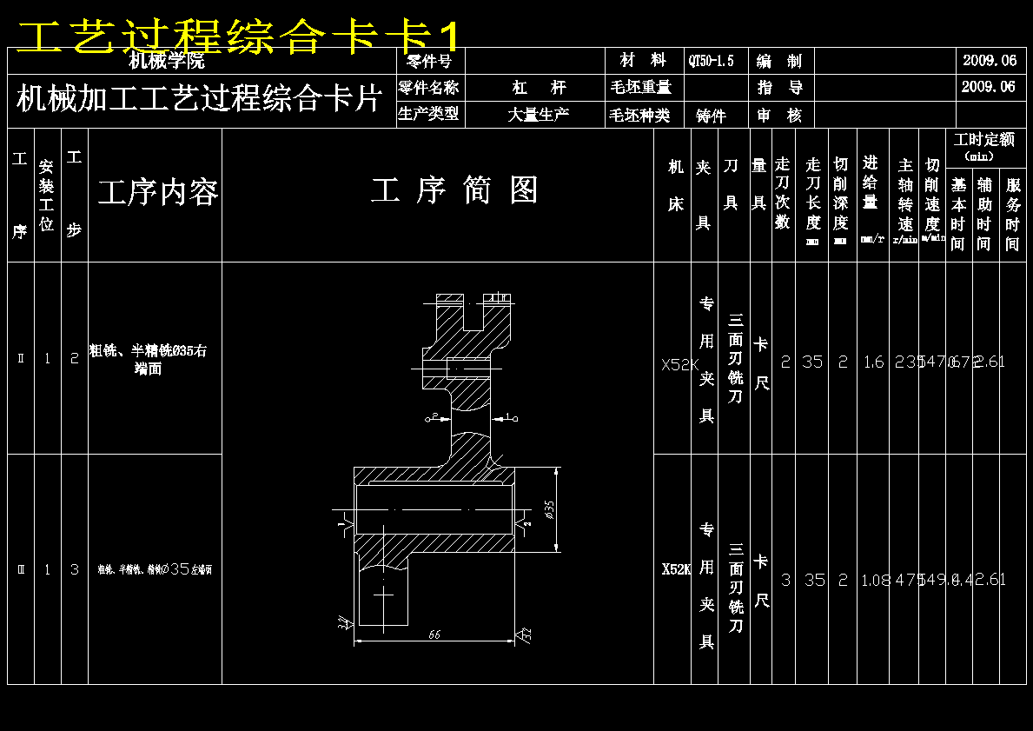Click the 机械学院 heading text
tap(167, 61)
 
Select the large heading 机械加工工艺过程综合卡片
tap(199, 99)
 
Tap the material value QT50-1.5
tap(711, 61)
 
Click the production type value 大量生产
tap(539, 115)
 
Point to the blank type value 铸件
tap(711, 116)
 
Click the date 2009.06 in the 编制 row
tap(989, 61)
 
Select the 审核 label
tap(779, 116)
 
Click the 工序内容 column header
tap(157, 193)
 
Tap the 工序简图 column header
tap(454, 190)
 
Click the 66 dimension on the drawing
tap(434, 635)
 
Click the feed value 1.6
tap(873, 362)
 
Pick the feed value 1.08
tap(875, 581)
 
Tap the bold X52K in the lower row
tap(675, 569)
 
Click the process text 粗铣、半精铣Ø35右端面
tap(149, 359)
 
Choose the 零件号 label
tap(429, 61)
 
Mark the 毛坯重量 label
tap(641, 88)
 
